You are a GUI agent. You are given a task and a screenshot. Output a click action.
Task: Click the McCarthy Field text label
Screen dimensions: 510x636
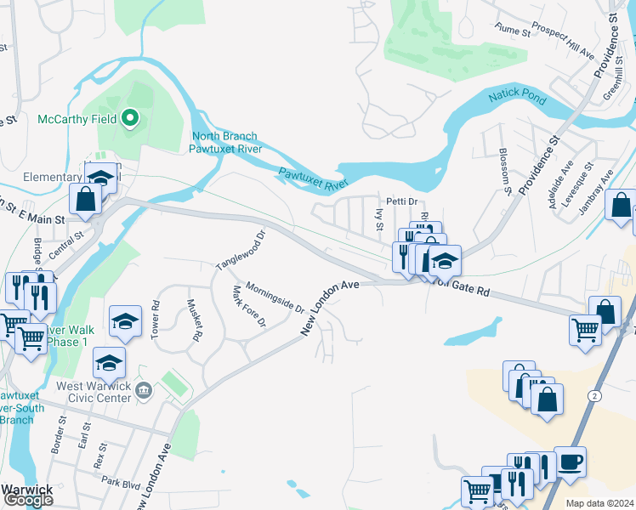tap(77, 119)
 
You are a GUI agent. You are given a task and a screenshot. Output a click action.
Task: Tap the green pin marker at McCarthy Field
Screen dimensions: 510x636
tap(130, 118)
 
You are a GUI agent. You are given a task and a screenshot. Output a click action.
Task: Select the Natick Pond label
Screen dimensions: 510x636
tap(517, 99)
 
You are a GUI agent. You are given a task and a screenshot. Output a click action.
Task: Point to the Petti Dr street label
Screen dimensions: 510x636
tap(404, 201)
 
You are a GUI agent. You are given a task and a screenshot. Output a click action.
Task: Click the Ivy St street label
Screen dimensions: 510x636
tap(380, 218)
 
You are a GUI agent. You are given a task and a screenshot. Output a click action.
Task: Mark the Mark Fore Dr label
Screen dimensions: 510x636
tap(249, 307)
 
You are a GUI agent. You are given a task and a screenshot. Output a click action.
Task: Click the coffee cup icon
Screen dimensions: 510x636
tap(570, 462)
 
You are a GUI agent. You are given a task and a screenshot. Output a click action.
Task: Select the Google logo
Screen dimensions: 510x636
tap(27, 500)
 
